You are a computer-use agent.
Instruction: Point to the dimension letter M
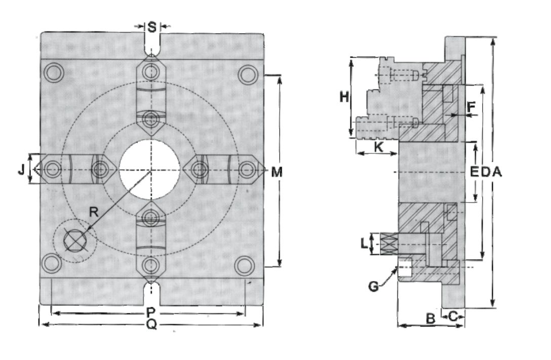[277, 172]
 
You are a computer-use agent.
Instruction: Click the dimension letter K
[377, 147]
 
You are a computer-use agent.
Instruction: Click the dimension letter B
[430, 319]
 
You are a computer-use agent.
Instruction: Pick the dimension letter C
[453, 315]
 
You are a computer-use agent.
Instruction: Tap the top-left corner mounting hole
[53, 73]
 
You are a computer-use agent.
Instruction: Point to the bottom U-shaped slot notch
[151, 291]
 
